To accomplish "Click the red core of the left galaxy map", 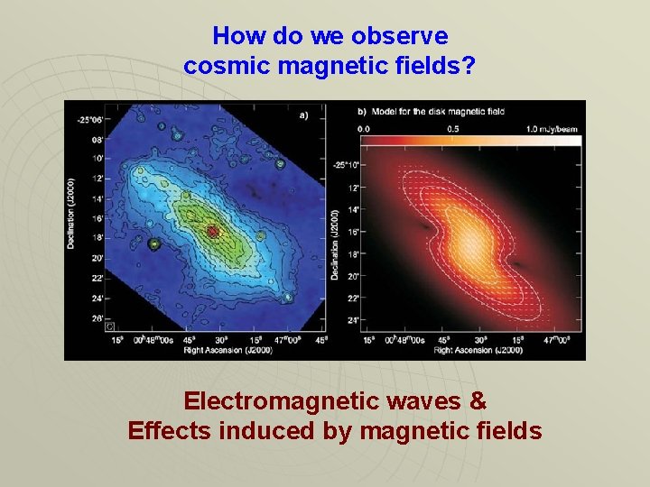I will [x=213, y=232].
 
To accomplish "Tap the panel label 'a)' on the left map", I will [x=303, y=115].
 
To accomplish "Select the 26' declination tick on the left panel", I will [x=96, y=317].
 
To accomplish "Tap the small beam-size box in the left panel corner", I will [x=110, y=326].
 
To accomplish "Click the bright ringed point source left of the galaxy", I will [x=154, y=243].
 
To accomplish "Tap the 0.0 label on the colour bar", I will [x=363, y=128].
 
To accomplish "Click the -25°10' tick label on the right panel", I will [x=347, y=164].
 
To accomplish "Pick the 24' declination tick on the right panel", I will [x=354, y=319].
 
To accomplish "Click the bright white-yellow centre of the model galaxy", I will [x=469, y=240].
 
